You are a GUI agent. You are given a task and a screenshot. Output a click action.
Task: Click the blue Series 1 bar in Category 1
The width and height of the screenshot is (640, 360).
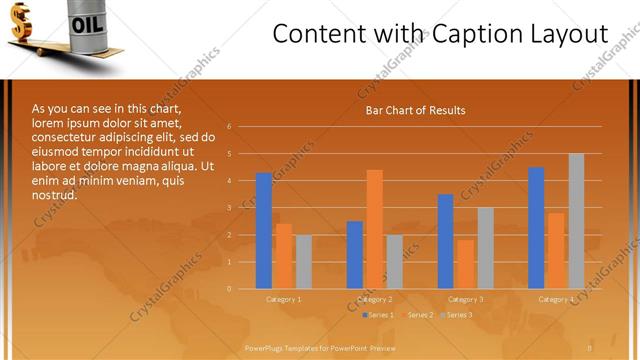264,231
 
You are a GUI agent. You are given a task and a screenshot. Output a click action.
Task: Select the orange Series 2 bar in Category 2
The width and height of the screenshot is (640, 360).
374,229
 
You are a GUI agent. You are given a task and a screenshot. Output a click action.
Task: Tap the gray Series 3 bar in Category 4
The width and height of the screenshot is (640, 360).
576,221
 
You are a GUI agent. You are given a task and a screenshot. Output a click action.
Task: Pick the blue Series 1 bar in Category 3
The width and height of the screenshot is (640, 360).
446,241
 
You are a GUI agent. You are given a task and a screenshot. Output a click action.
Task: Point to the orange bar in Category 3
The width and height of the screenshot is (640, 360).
465,264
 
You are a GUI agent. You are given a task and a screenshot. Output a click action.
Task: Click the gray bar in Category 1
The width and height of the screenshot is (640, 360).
303,262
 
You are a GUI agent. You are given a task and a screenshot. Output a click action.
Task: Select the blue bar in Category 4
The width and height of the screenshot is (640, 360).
536,228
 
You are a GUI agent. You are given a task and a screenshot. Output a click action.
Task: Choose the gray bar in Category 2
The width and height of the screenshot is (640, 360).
394,262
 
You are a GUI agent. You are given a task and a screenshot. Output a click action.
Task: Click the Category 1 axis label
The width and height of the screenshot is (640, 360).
284,299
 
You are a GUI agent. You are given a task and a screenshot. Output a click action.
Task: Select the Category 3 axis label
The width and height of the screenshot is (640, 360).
465,299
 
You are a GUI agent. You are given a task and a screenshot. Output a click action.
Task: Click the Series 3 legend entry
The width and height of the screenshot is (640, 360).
459,315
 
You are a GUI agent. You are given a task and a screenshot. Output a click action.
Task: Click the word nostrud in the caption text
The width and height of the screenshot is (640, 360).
54,195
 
